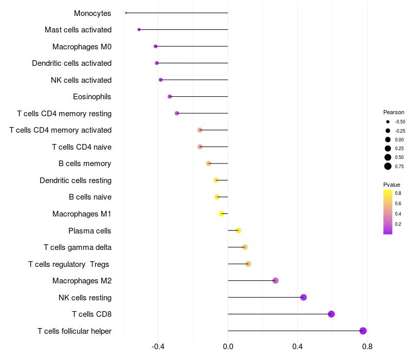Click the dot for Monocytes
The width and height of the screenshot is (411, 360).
point(126,13)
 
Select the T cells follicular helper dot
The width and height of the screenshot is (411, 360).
point(363,331)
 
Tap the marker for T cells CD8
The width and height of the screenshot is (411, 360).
point(331,314)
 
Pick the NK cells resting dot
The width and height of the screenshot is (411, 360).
point(304,297)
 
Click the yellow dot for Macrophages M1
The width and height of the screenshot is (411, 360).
point(221,213)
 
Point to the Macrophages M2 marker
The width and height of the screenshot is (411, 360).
point(275,280)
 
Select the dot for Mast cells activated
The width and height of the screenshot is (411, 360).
point(139,30)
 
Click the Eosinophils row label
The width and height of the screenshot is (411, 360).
point(92,97)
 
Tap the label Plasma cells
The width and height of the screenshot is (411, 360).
point(89,231)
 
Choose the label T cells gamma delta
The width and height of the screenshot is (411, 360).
point(78,247)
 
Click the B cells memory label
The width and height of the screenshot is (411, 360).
point(85,164)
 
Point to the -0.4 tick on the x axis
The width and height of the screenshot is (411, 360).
point(158,347)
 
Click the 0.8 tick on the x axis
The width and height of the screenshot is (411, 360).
point(367,347)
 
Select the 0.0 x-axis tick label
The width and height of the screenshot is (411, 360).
point(228,347)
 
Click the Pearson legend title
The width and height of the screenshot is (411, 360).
point(394,112)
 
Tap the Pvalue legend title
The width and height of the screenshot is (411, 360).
point(391,185)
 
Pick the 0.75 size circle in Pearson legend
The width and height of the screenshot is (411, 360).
point(388,166)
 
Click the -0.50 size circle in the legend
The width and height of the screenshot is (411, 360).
point(388,122)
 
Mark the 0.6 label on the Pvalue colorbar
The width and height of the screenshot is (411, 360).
point(398,203)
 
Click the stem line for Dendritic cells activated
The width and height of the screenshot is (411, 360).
point(192,63)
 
